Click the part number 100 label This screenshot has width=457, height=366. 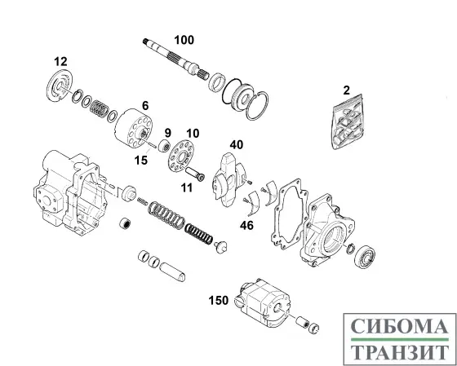tap(184, 40)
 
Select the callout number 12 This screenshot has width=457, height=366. tap(60, 61)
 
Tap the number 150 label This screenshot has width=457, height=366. tap(219, 300)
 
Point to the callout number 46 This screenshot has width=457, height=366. tap(246, 225)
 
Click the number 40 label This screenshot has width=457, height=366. tap(237, 145)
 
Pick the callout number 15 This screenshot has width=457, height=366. tap(141, 160)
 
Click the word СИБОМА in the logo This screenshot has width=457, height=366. tap(399, 326)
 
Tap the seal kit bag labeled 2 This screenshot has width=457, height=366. tap(348, 121)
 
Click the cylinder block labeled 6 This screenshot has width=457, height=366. tap(134, 128)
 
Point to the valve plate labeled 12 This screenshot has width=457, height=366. tap(59, 86)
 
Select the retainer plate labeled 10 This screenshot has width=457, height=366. tap(182, 157)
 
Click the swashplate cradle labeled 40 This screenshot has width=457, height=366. tap(229, 179)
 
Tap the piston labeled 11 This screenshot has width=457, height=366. tap(195, 174)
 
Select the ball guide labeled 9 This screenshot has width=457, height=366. tap(164, 146)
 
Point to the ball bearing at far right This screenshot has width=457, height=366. tap(365, 257)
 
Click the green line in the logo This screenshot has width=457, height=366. tap(399, 339)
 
